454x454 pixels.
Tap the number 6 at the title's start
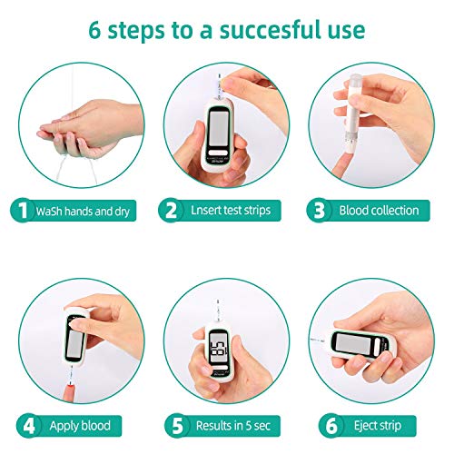pos(95,30)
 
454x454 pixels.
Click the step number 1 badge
pos(19,211)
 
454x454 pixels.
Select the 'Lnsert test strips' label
pos(229,211)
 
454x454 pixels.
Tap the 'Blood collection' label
pos(379,211)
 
